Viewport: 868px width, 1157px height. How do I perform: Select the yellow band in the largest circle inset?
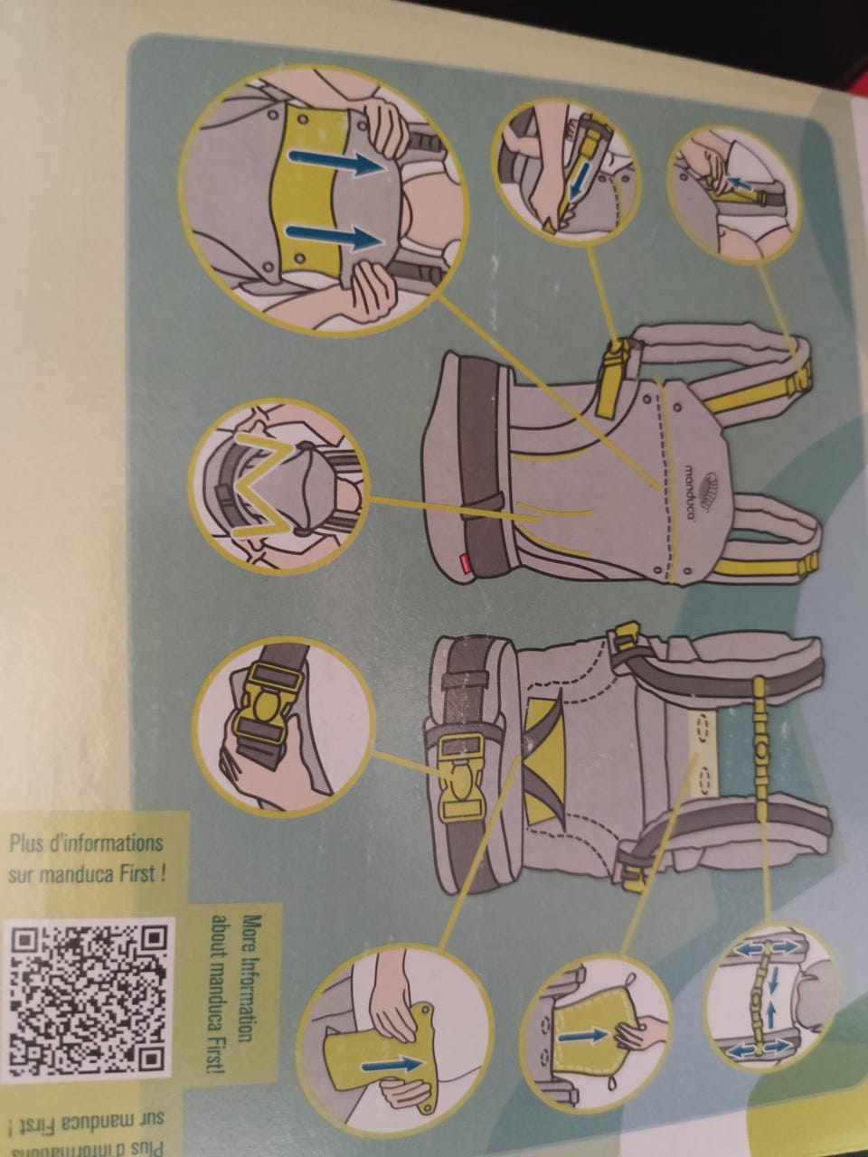pos(309,193)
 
